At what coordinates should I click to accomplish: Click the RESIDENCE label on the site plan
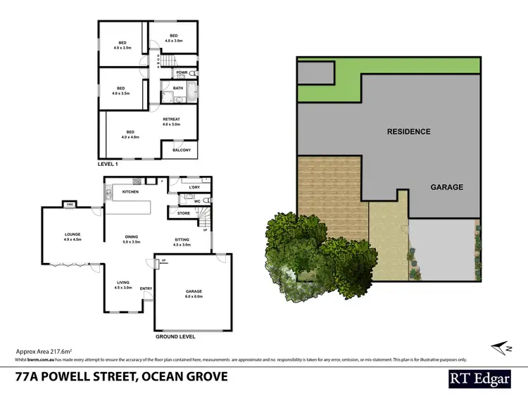pyautogui.click(x=408, y=132)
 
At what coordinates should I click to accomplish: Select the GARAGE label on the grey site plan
pyautogui.click(x=447, y=187)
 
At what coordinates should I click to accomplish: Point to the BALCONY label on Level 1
pyautogui.click(x=181, y=150)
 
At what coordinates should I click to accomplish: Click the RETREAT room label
pyautogui.click(x=172, y=120)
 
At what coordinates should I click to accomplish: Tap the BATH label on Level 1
pyautogui.click(x=179, y=88)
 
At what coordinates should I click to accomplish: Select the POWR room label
pyautogui.click(x=181, y=72)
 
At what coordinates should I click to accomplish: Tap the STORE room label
pyautogui.click(x=184, y=212)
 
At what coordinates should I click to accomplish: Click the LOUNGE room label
pyautogui.click(x=73, y=235)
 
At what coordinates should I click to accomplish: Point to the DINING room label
pyautogui.click(x=132, y=237)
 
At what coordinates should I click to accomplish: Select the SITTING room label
pyautogui.click(x=182, y=240)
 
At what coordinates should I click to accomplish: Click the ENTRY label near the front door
pyautogui.click(x=146, y=288)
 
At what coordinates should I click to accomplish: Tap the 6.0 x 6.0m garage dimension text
pyautogui.click(x=194, y=296)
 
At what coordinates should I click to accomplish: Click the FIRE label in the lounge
pyautogui.click(x=70, y=205)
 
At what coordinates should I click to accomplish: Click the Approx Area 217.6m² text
pyautogui.click(x=44, y=350)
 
